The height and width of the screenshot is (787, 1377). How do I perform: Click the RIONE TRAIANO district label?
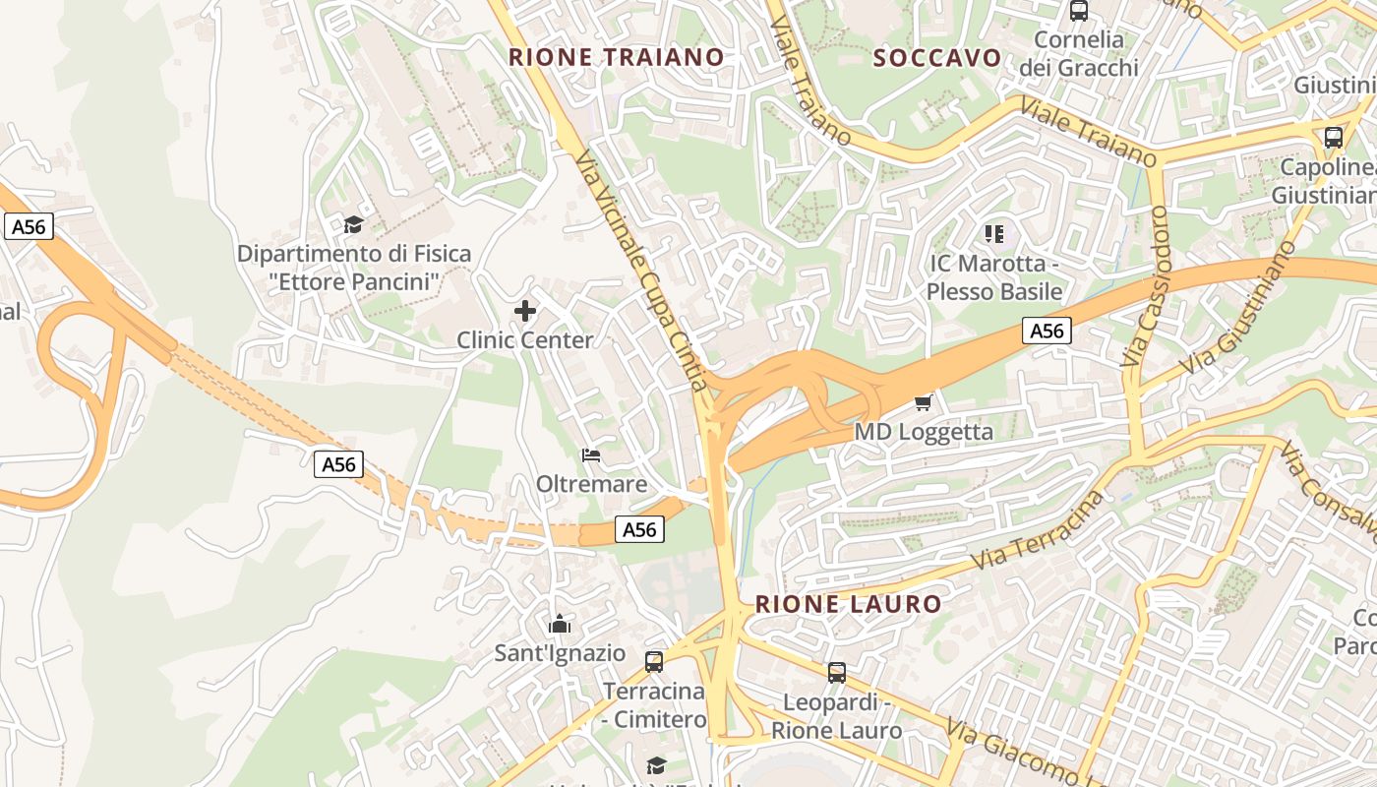point(616,57)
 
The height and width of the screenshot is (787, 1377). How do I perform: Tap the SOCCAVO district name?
point(937,57)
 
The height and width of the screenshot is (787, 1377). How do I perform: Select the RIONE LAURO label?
point(848,603)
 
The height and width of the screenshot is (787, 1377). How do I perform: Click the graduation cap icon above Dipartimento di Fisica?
point(353,225)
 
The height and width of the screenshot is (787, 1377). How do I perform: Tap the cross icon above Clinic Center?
point(525,312)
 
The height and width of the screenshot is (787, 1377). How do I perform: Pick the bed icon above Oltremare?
point(591,455)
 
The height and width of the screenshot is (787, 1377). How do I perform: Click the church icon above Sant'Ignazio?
point(560,624)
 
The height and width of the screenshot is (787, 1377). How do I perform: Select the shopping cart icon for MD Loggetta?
point(923,402)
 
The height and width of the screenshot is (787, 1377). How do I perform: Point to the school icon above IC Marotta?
point(994,234)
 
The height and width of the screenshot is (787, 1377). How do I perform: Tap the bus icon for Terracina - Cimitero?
point(654,662)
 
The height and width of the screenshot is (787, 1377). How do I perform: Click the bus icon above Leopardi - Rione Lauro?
point(836,673)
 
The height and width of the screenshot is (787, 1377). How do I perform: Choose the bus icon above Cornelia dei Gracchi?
point(1078,12)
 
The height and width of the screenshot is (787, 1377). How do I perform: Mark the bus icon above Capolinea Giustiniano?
point(1334,138)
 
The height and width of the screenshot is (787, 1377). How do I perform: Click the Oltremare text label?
point(591,484)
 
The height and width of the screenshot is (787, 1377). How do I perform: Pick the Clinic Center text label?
point(525,340)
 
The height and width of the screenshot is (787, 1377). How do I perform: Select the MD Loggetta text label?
point(924,432)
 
